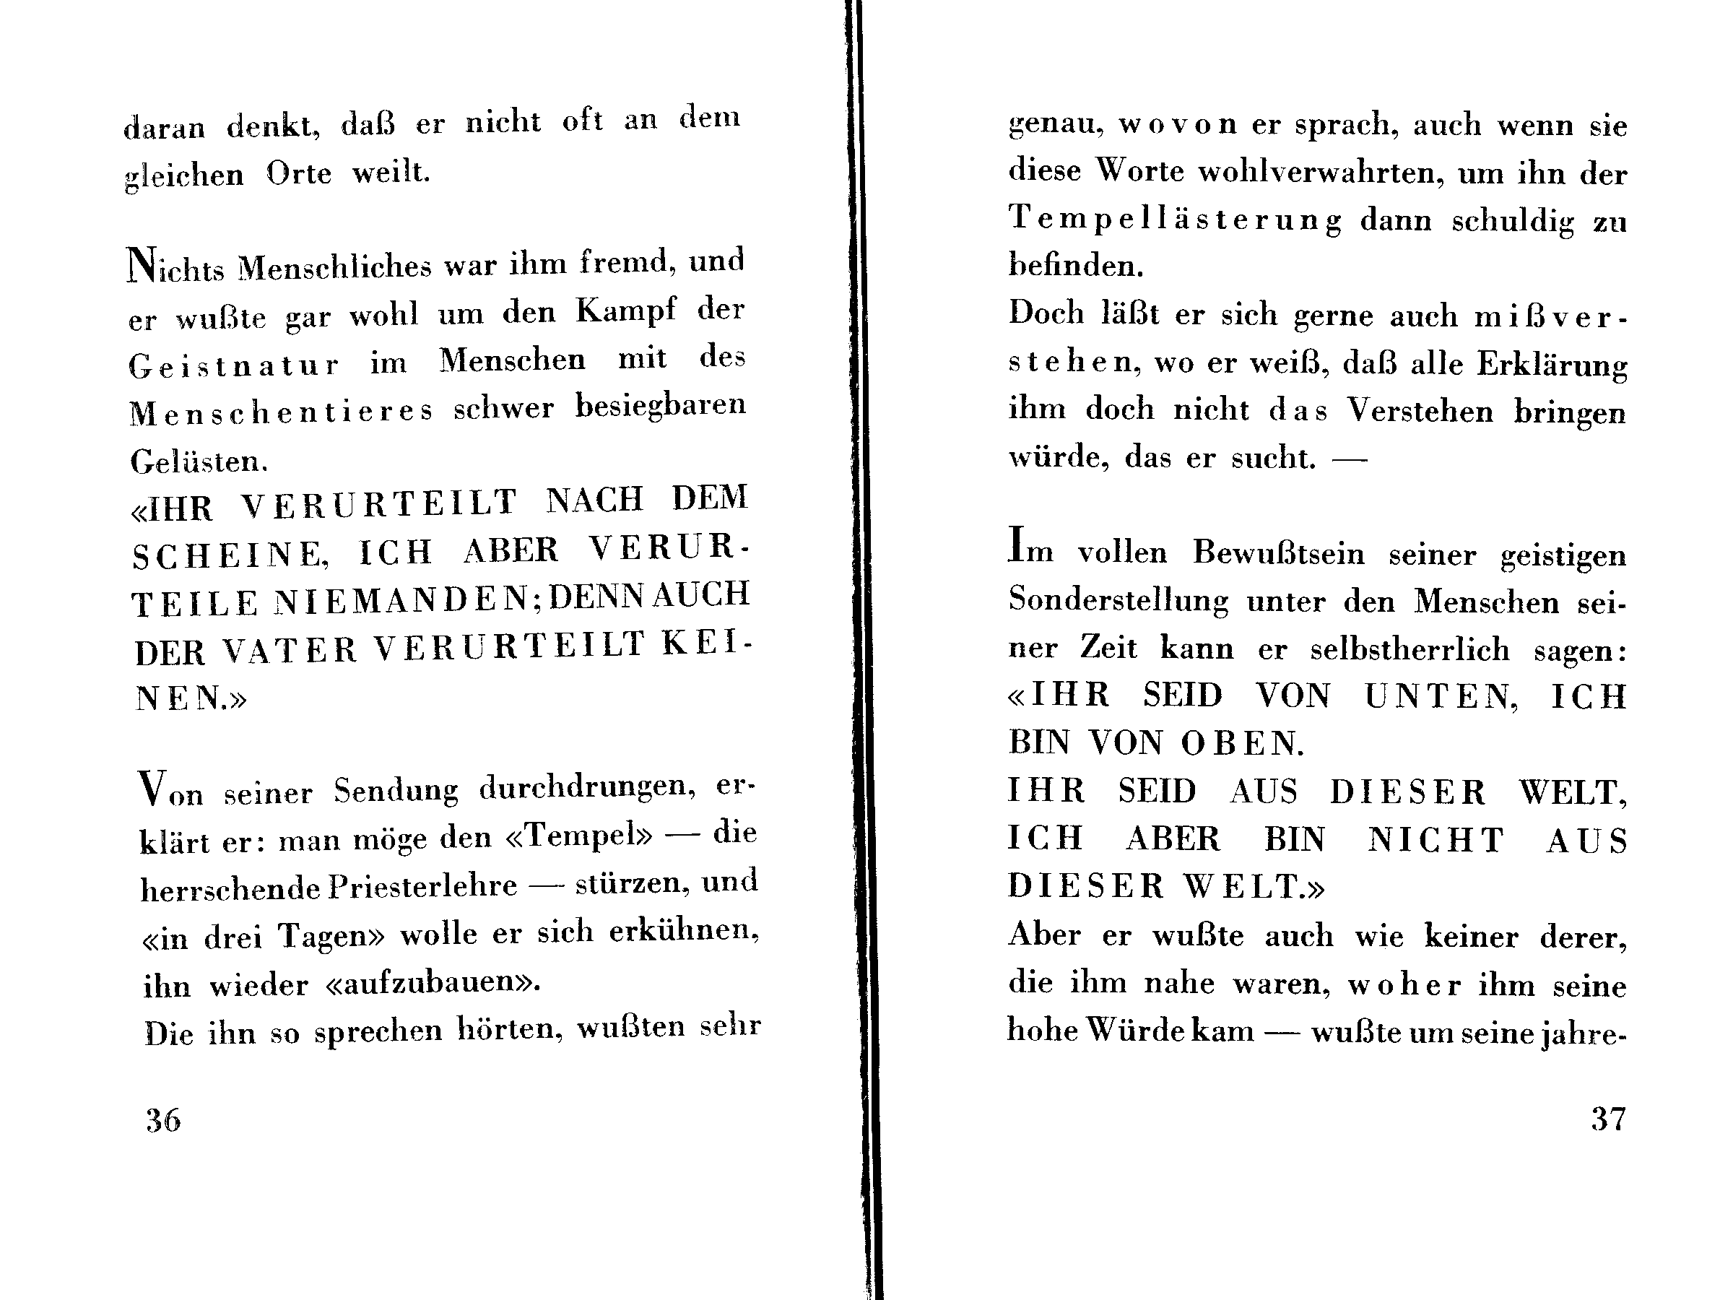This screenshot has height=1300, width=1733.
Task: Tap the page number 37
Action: (1607, 1118)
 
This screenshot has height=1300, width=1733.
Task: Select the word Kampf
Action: (625, 311)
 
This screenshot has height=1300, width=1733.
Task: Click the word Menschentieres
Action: (280, 412)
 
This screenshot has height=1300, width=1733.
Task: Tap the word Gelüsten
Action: (199, 461)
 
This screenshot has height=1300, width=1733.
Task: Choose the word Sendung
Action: (396, 791)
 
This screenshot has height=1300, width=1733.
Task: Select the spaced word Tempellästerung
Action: (1174, 219)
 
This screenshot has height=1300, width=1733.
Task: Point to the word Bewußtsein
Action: (1278, 552)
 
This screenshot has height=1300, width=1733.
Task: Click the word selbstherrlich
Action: (1410, 649)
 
